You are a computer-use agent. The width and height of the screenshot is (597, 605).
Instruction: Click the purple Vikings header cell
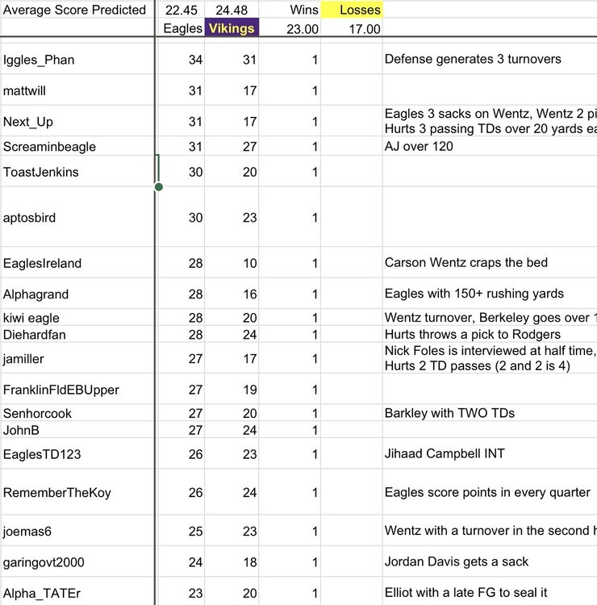coord(232,28)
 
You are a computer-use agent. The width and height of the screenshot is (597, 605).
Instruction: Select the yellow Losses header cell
coord(351,10)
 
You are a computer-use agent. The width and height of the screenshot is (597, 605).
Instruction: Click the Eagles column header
coord(183,28)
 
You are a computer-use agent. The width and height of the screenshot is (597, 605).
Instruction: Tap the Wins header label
coord(304,10)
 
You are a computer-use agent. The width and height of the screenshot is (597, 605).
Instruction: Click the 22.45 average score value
coord(182,10)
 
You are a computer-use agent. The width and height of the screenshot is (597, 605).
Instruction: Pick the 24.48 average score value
coord(232,10)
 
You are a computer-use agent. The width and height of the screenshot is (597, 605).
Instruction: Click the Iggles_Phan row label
coord(38,60)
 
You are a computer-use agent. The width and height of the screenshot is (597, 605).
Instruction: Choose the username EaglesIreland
coord(42,263)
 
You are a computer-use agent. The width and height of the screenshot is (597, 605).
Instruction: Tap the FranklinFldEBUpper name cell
coord(61,390)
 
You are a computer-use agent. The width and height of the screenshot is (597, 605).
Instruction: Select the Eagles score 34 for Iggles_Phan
coord(194,60)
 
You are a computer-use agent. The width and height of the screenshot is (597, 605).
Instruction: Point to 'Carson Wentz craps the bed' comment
coord(465,263)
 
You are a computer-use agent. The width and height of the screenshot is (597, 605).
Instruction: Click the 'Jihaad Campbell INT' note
coord(445,453)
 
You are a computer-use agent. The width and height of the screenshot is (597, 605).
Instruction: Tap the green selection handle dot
coord(158,187)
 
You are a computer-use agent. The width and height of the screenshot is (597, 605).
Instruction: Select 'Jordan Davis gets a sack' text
coord(457,561)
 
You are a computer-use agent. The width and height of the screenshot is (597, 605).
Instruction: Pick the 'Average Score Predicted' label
coord(74,10)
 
